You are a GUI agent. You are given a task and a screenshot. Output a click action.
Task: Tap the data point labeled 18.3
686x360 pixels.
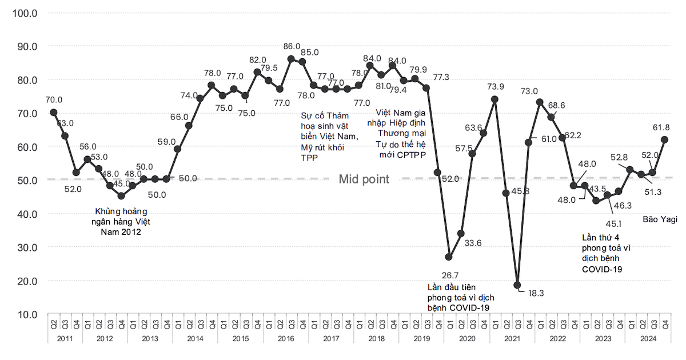(x=517, y=285)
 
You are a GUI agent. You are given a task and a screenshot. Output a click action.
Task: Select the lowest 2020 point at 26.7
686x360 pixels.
(x=449, y=257)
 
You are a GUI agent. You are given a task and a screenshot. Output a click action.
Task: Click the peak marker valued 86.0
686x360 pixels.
(x=291, y=58)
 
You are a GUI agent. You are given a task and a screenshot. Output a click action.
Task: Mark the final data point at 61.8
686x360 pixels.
(x=665, y=139)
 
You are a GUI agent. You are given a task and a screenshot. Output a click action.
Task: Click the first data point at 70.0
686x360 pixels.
(x=54, y=112)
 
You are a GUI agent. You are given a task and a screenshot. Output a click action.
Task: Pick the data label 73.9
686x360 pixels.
(x=495, y=87)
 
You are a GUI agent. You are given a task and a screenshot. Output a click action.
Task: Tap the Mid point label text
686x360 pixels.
(x=364, y=179)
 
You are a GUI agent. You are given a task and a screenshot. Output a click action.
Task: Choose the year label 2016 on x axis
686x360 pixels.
(x=285, y=339)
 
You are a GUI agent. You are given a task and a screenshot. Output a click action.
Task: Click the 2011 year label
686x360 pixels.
(x=64, y=339)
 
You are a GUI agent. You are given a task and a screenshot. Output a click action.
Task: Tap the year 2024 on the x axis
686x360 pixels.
(x=648, y=339)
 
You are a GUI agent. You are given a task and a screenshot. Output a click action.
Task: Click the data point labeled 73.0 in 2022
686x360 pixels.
(x=540, y=102)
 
